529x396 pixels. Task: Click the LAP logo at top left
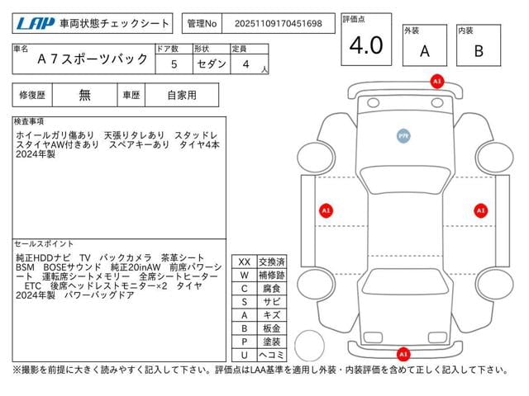[34, 24]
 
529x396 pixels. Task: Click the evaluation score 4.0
[365, 46]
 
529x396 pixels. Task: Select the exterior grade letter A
[424, 51]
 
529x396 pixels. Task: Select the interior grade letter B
[477, 51]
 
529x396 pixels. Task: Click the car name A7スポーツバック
[93, 60]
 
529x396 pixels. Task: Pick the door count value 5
[173, 63]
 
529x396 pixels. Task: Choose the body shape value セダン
[207, 63]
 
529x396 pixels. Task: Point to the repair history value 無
[84, 95]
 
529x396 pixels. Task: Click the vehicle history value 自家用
[182, 95]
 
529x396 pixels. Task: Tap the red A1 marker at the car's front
[436, 82]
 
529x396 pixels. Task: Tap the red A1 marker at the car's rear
[403, 353]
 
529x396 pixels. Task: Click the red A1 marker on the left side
[326, 210]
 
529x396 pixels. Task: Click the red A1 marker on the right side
[479, 210]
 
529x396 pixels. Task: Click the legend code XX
[244, 262]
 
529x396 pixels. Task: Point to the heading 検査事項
[30, 121]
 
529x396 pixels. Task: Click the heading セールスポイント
[45, 244]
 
